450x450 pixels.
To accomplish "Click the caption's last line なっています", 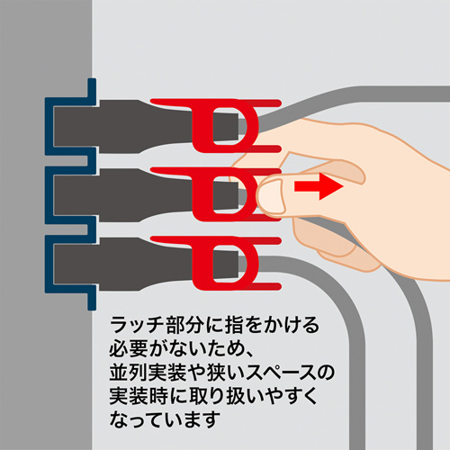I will (162, 419).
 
